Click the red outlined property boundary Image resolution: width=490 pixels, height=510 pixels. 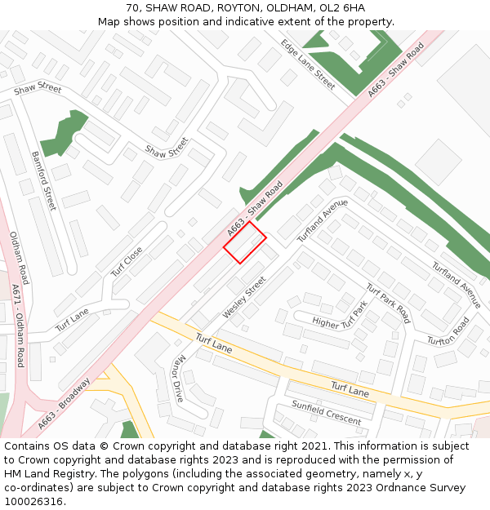point(245,243)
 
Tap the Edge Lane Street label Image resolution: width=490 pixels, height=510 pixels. point(308,64)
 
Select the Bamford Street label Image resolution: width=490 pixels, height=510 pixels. point(44,180)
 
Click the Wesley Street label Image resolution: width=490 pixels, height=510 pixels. point(244,298)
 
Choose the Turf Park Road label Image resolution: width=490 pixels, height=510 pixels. point(387,303)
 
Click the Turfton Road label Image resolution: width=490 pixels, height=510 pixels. point(448,330)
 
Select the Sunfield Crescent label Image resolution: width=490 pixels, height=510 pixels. point(327,414)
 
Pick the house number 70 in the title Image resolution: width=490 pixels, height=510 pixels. point(133,8)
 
